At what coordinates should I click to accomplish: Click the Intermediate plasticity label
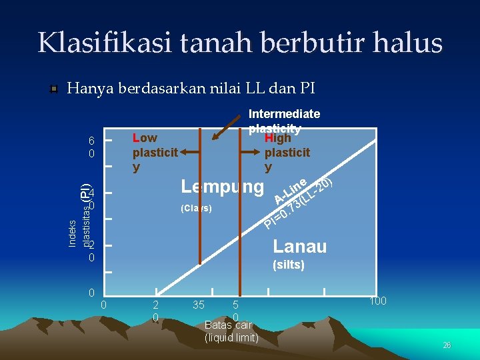(x=283, y=121)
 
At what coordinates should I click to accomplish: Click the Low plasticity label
(x=155, y=153)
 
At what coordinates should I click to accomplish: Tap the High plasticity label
(x=287, y=153)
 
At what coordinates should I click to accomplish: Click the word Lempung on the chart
(x=223, y=187)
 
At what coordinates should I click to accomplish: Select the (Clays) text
(x=196, y=209)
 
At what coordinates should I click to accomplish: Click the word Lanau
(x=299, y=247)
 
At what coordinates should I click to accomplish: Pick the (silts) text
(x=289, y=265)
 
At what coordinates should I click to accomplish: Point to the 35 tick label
(x=197, y=305)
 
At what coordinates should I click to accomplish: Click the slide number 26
(x=447, y=345)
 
